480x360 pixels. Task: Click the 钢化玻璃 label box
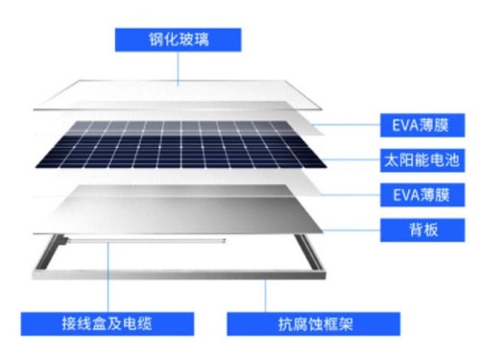[x=179, y=39]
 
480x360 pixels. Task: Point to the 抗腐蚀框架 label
[x=298, y=323]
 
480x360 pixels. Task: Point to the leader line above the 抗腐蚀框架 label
[x=268, y=292]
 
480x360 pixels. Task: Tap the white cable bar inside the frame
[x=163, y=241]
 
